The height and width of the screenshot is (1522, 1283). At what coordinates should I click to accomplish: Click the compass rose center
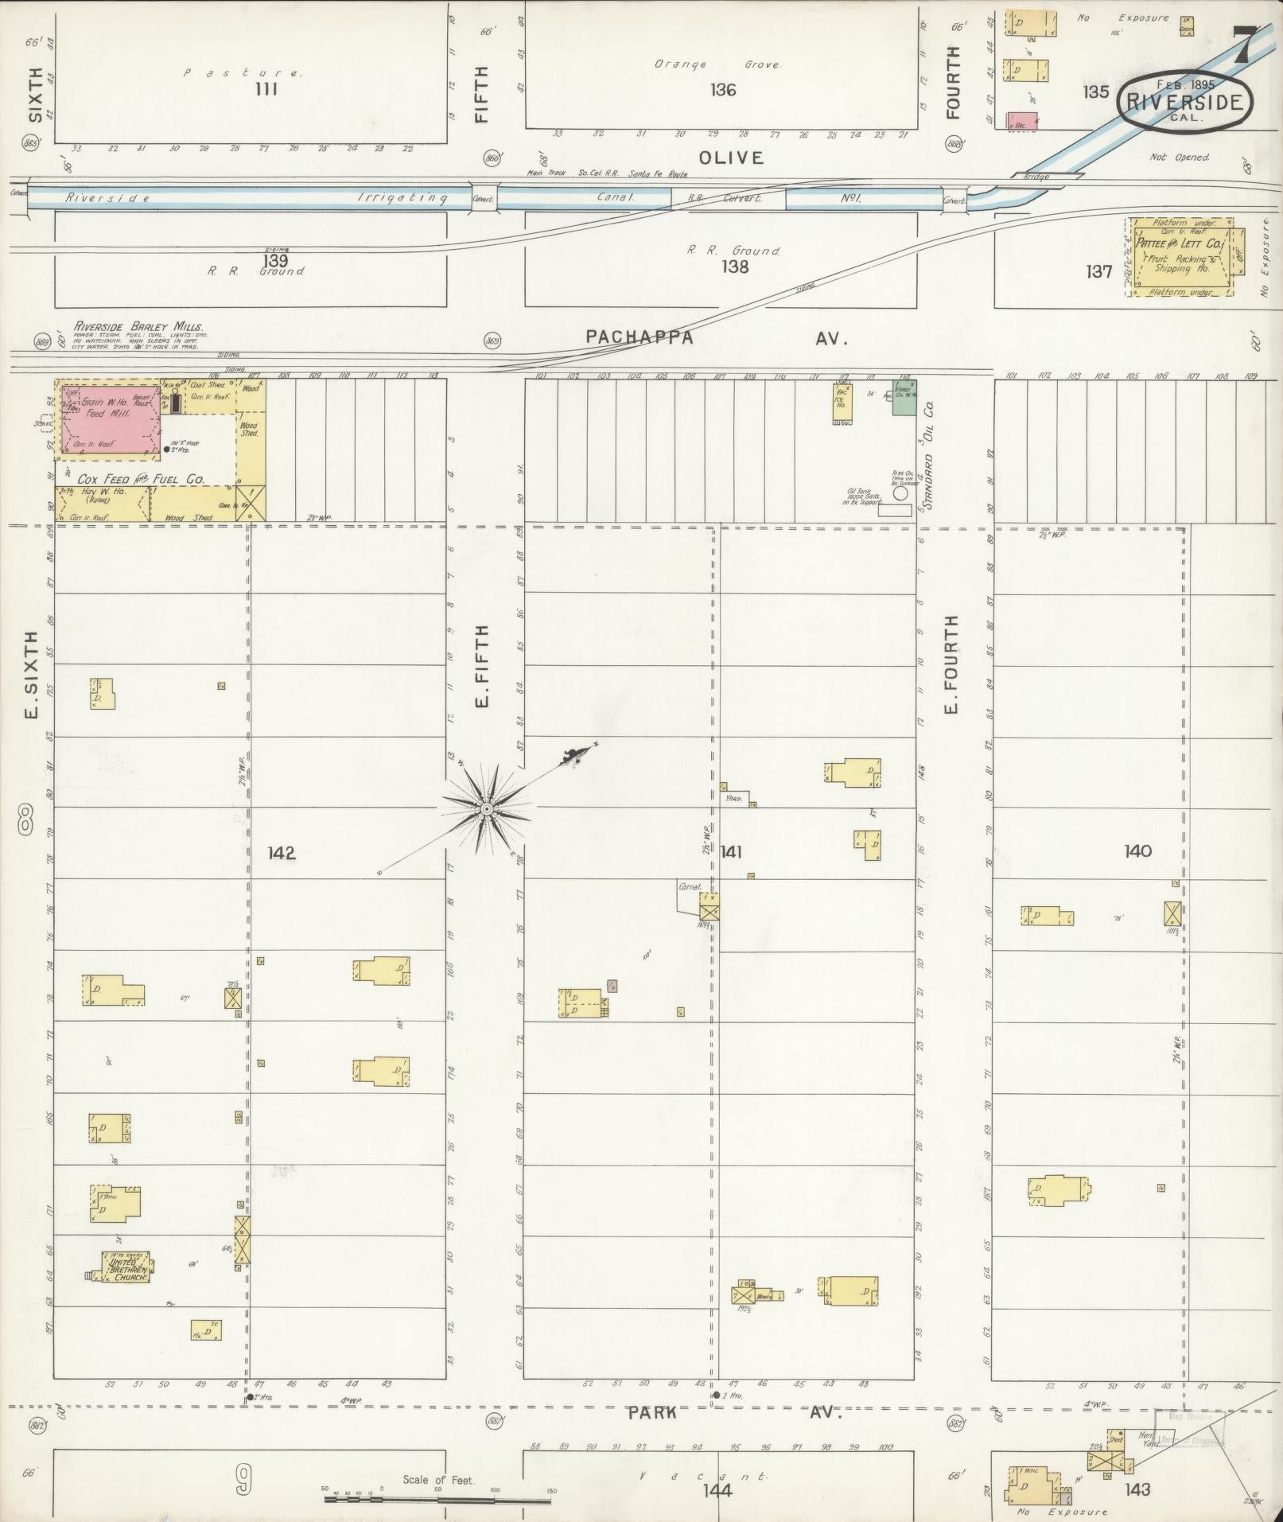coord(486,808)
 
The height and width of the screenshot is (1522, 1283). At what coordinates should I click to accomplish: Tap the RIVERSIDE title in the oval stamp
coord(1184,103)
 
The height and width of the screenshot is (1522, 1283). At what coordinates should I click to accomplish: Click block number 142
coord(281,853)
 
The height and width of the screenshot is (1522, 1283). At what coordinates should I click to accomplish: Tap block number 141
coord(731,852)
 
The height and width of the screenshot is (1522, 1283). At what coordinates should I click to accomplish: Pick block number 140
coord(1137,851)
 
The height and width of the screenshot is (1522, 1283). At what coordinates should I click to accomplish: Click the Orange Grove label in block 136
coord(717,64)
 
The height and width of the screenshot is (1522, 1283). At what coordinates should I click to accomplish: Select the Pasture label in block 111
coord(243,72)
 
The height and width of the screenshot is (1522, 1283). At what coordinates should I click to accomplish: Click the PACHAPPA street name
coord(640,337)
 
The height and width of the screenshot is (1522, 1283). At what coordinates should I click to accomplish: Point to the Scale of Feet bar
coord(437,1501)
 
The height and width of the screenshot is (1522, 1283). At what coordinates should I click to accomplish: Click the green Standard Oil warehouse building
coord(902,397)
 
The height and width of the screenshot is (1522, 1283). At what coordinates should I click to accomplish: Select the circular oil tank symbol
coord(900,493)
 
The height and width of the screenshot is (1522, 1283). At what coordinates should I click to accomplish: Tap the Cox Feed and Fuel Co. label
coord(141,480)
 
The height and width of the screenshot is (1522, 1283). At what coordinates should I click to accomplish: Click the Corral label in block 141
coord(688,885)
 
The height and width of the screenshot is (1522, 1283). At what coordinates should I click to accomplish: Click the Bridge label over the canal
coord(1036,176)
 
